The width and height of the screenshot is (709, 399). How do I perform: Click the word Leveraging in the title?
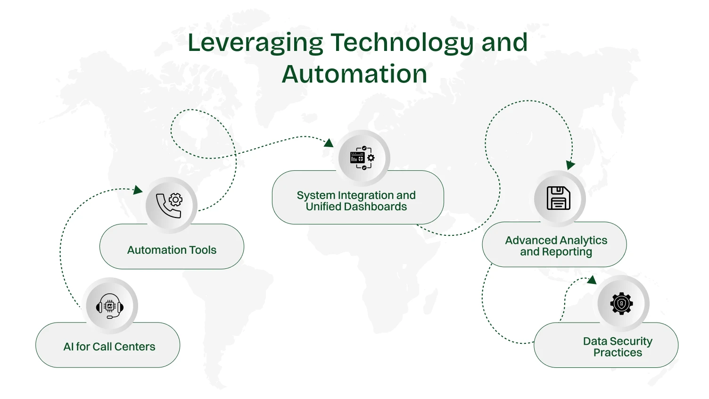pos(255,43)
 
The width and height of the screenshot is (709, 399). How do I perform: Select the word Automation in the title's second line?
pos(354,75)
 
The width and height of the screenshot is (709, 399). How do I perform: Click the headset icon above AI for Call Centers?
pos(110,306)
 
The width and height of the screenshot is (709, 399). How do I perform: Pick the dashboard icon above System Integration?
pos(363,158)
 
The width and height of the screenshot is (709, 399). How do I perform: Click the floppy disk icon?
pos(559,198)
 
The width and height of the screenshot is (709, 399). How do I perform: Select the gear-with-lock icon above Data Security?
pos(622,303)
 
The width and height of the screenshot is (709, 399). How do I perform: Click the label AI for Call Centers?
pos(109,347)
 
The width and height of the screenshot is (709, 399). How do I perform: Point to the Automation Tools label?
pos(172,250)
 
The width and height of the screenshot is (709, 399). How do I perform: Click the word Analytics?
pos(582,241)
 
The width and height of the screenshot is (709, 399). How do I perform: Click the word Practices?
pos(618,353)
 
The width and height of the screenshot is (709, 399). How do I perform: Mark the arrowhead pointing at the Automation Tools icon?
pos(138,190)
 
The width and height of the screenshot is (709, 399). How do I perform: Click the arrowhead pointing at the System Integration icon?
pos(329,143)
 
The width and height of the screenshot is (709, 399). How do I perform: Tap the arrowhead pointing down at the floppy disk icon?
pos(570,165)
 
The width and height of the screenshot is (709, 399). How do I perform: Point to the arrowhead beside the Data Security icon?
pos(592,280)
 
